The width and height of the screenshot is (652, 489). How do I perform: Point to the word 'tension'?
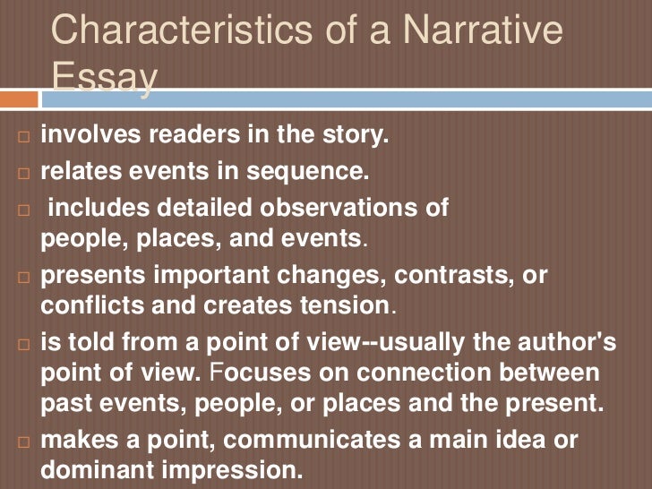[346, 305]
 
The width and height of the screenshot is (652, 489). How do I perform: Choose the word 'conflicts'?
[87, 305]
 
